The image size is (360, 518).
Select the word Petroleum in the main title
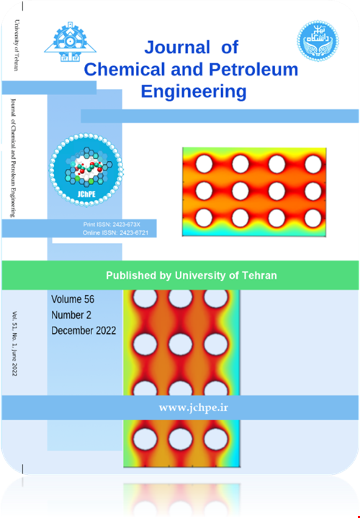256,70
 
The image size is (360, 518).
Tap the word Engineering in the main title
194,91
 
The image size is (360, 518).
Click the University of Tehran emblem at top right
318,42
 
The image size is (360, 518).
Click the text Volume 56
73,299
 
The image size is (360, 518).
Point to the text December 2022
84,330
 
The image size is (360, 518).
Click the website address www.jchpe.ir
194,407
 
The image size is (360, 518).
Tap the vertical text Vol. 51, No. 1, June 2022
15,353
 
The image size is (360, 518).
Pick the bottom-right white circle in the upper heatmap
312,217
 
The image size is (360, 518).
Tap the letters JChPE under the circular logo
86,194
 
